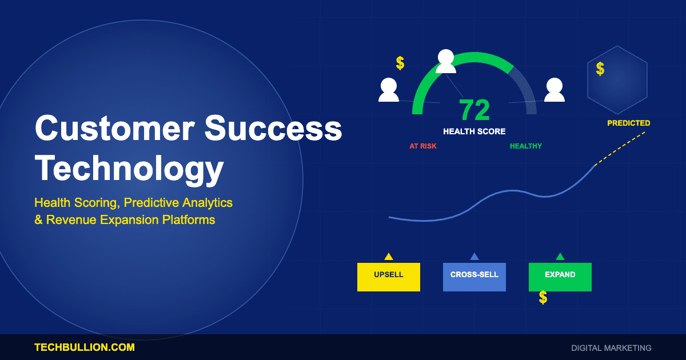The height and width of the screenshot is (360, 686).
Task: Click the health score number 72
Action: tap(474, 110)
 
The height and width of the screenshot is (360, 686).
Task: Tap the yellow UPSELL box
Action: tap(389, 277)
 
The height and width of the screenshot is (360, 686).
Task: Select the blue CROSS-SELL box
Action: tap(474, 277)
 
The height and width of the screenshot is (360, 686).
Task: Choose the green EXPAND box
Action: tap(560, 277)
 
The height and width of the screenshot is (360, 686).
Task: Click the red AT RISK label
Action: tap(423, 146)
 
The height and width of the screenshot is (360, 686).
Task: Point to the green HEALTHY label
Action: tap(526, 146)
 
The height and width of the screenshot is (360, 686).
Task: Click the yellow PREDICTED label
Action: tap(628, 123)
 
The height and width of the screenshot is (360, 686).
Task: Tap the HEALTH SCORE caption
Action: tap(474, 131)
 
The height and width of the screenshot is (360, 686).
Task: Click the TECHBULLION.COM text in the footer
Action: tap(85, 347)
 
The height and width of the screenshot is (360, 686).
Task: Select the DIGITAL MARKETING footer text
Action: tap(611, 347)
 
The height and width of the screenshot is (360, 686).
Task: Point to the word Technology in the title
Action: tap(129, 169)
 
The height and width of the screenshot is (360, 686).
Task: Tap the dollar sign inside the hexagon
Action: tap(600, 69)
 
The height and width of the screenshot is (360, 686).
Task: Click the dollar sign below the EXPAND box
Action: tap(543, 297)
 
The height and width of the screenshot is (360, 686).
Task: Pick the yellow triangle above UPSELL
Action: tap(389, 257)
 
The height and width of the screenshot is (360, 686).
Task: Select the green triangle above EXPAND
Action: tap(560, 257)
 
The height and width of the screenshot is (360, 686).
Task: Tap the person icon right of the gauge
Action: tap(554, 90)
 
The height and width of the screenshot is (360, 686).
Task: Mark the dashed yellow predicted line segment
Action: tap(620, 148)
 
